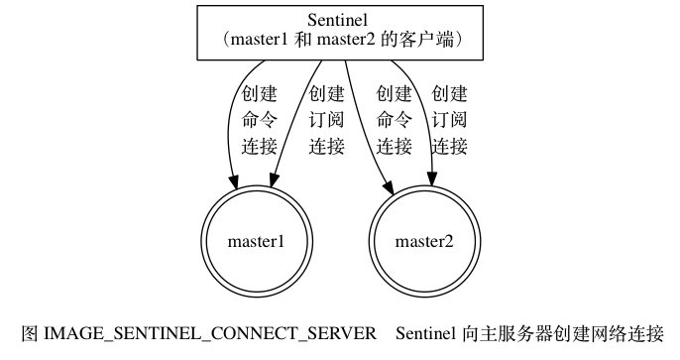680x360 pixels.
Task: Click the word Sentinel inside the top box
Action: tap(339, 21)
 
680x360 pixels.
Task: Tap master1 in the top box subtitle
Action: tap(262, 41)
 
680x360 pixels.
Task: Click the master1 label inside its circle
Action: tap(257, 241)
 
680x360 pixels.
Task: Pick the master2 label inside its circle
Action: tap(424, 241)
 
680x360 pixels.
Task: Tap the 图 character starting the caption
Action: tap(29, 332)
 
